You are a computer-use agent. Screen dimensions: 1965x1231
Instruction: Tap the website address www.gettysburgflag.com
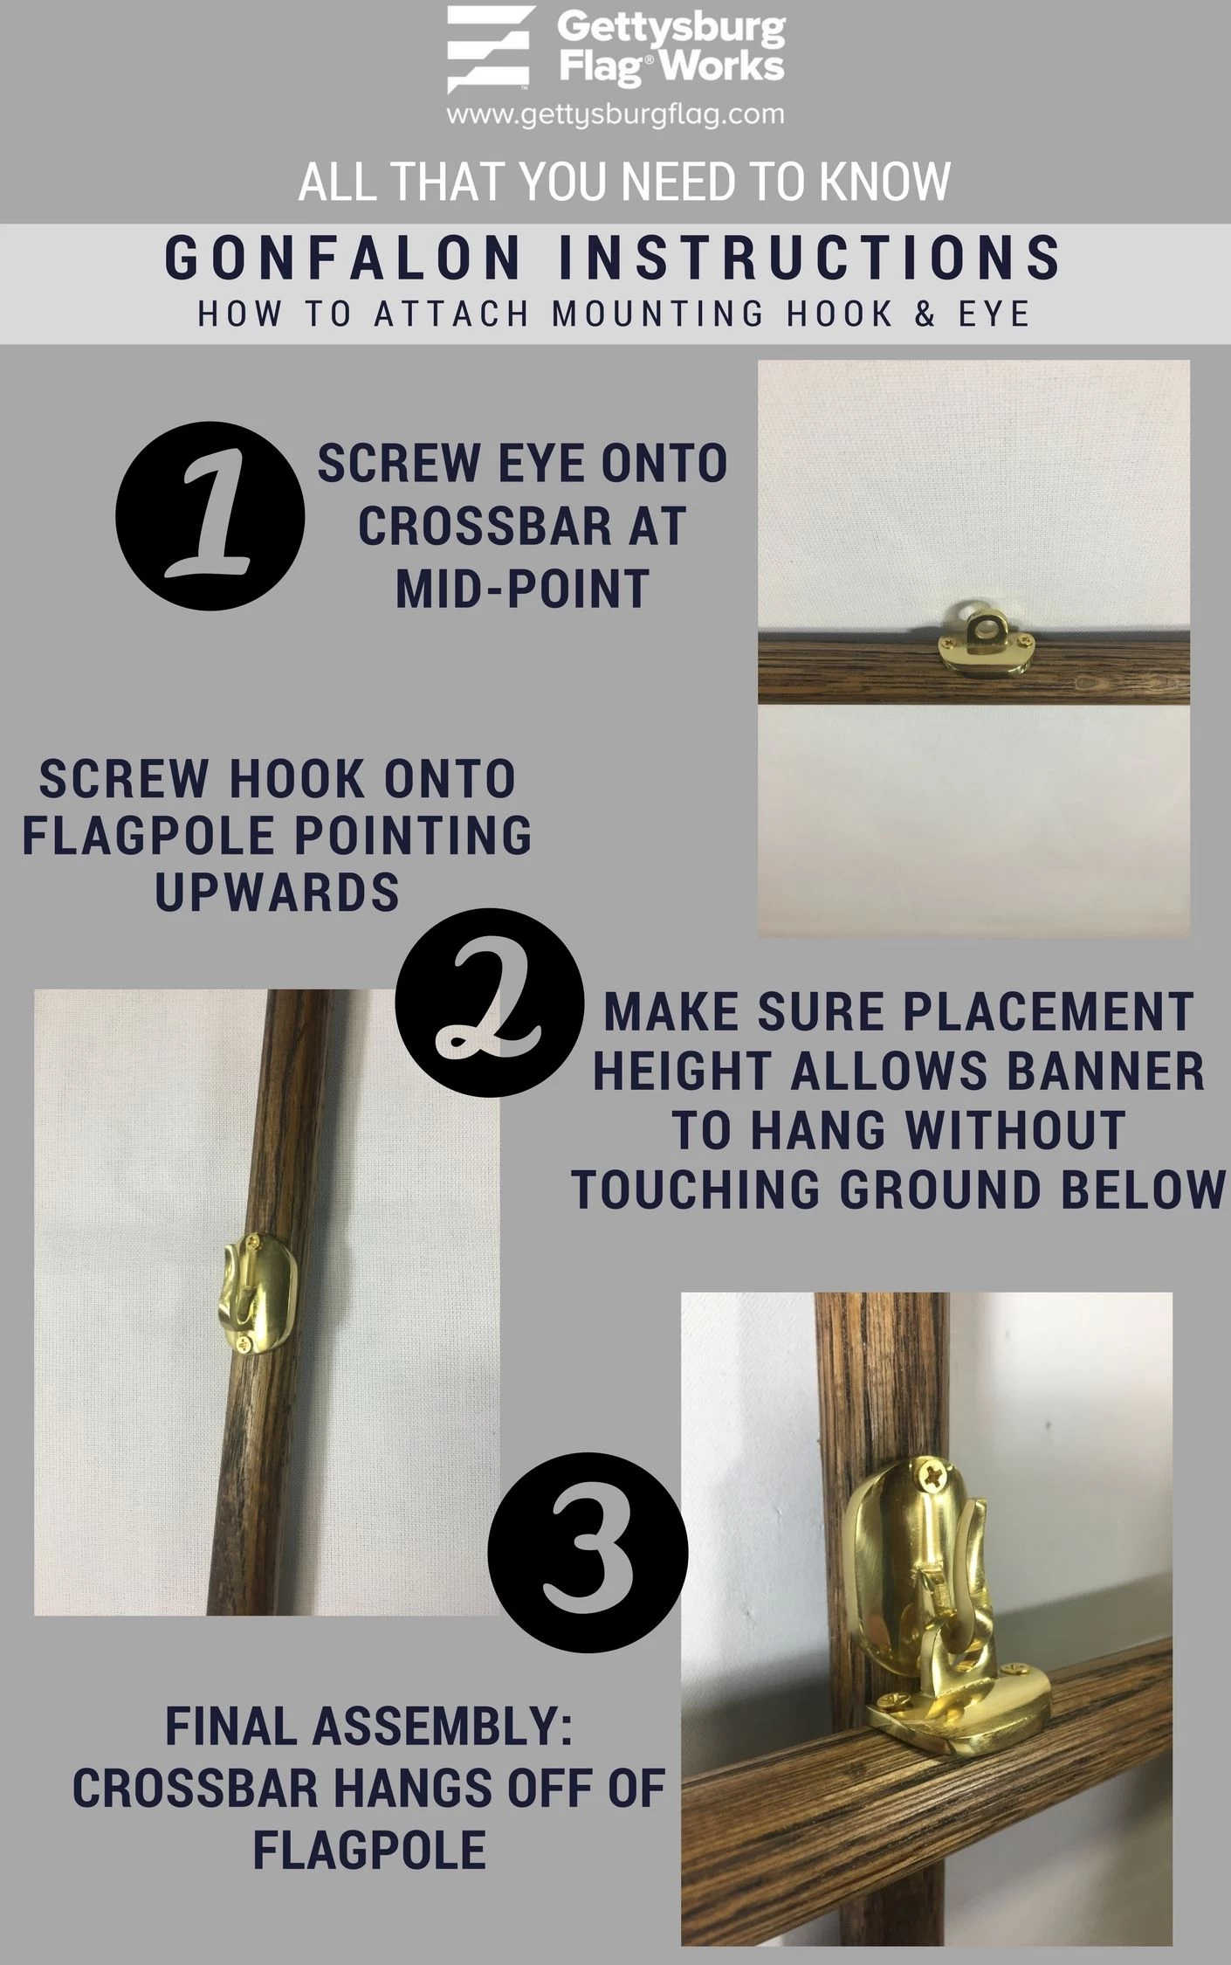point(615,114)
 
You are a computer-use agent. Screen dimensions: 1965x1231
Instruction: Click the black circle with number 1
point(210,516)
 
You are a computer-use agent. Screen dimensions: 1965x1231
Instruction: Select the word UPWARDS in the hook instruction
point(277,892)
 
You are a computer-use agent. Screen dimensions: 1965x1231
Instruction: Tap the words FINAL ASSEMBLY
point(368,1727)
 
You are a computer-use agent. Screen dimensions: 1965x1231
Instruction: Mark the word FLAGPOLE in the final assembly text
point(369,1850)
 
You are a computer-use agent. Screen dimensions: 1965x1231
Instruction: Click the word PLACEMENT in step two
point(1047,1011)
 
